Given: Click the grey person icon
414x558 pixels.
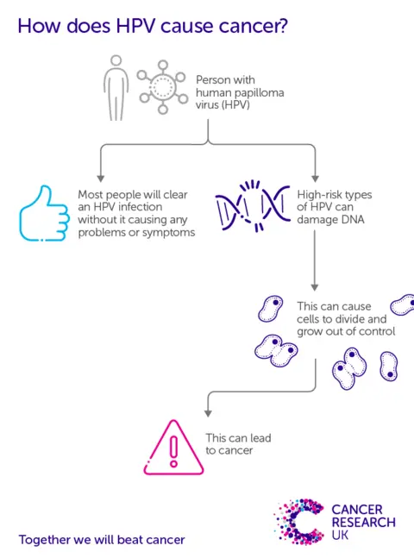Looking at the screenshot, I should click(116, 87).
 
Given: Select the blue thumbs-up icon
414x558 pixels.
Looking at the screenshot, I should click(43, 213).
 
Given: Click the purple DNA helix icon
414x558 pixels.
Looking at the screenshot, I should click(251, 208).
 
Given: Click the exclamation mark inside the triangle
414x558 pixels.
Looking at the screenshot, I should click(173, 449).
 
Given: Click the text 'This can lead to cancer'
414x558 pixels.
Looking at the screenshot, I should click(238, 443).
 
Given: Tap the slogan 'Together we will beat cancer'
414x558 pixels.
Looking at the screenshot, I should click(102, 540).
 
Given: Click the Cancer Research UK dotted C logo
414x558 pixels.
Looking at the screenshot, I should click(298, 522).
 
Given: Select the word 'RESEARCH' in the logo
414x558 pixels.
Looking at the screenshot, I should click(364, 522).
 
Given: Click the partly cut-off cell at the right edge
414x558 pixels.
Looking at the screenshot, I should click(403, 304).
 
